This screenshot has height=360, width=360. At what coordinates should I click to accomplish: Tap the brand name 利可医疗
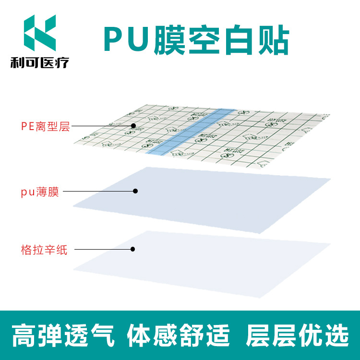(x=39, y=62)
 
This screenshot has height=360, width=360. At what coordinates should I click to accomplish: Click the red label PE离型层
(x=45, y=127)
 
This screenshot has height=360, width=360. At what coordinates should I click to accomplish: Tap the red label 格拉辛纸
(x=45, y=250)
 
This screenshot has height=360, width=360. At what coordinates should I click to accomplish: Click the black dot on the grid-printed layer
(x=133, y=126)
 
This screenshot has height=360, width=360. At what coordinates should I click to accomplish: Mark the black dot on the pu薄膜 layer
(x=135, y=191)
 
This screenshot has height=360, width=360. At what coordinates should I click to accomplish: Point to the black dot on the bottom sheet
(x=133, y=249)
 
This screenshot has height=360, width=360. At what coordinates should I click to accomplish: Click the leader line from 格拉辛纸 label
(x=103, y=249)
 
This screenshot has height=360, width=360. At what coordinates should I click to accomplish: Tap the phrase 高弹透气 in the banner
(x=62, y=335)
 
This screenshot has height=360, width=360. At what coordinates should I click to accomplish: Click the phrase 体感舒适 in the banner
(x=178, y=335)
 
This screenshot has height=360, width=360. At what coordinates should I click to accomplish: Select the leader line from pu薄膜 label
(x=98, y=191)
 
